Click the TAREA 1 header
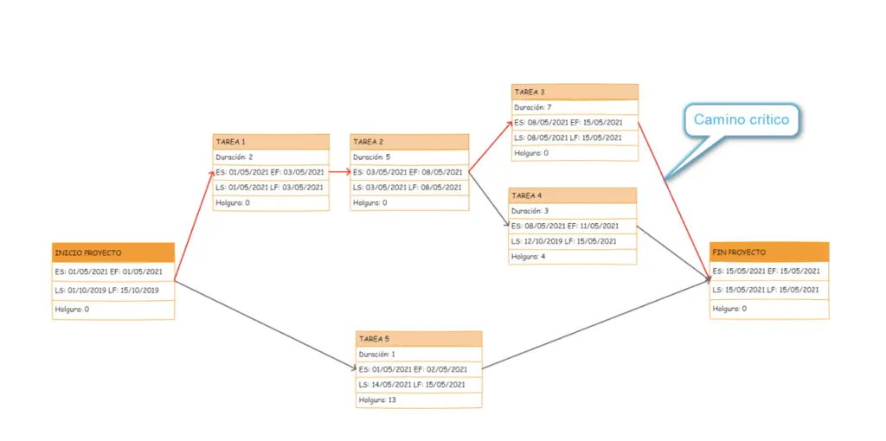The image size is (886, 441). [x=271, y=142]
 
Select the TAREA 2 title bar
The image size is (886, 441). [x=409, y=142]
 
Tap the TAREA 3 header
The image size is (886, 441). [x=575, y=92]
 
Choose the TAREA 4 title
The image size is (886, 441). [x=573, y=195]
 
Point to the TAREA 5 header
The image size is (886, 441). [x=419, y=339]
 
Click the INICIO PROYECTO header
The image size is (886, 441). [x=113, y=252]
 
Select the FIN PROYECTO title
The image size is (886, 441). [x=769, y=252]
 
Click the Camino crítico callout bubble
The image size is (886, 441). [x=742, y=119]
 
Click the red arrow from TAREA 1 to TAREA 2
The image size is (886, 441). [x=339, y=172]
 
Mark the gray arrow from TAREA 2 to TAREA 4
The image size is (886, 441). [x=490, y=200]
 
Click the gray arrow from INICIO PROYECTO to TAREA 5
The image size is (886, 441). [x=266, y=325]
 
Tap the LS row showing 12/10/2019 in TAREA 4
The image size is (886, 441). [x=573, y=241]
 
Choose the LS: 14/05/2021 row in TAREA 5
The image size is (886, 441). [x=419, y=385]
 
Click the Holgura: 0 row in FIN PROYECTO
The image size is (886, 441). [x=769, y=309]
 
